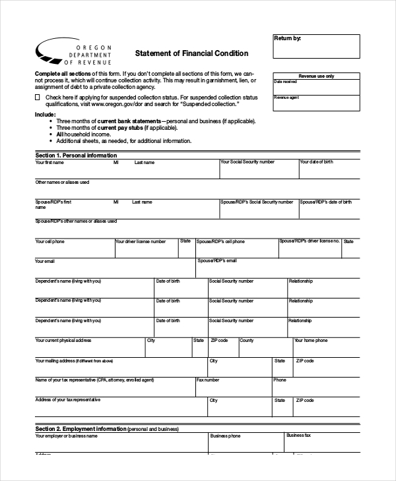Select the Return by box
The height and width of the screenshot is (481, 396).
[x=316, y=47]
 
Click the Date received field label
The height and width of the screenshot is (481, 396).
[x=286, y=81]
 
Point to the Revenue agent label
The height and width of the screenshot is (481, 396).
[x=286, y=98]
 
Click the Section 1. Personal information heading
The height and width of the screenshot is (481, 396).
[x=75, y=155]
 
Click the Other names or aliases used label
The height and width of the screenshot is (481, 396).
[x=62, y=182]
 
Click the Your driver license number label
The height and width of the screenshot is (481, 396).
[x=141, y=242]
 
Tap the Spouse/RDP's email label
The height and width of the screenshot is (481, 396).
[x=216, y=261]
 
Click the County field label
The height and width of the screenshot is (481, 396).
[x=246, y=341]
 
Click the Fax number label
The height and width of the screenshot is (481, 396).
[x=208, y=380]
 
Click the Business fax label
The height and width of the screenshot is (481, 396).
[x=298, y=436]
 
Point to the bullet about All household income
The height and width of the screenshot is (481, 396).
[x=83, y=134]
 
